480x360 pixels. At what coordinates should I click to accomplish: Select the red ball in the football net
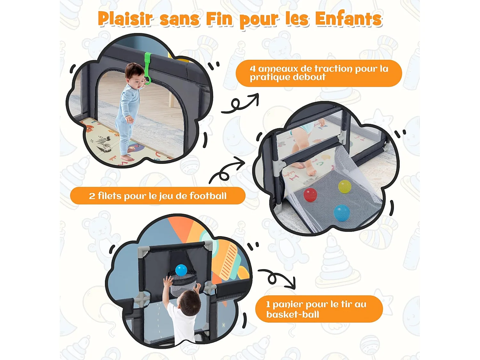pyautogui.click(x=310, y=195)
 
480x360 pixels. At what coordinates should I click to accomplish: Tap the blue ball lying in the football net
pyautogui.click(x=341, y=213)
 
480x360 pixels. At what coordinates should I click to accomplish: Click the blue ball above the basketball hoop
pyautogui.click(x=181, y=270)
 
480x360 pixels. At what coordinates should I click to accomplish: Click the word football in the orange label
pyautogui.click(x=208, y=196)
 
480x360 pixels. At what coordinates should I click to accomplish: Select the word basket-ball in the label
pyautogui.click(x=292, y=314)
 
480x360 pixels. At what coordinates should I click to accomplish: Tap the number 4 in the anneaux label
pyautogui.click(x=252, y=69)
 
